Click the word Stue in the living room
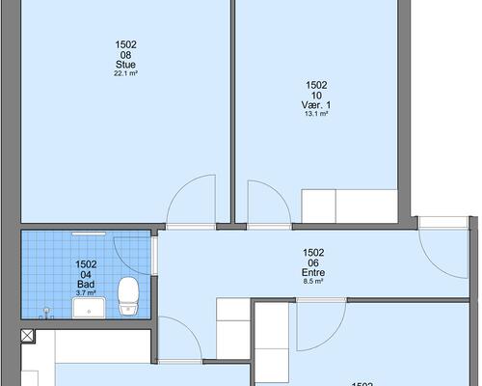(x=125, y=65)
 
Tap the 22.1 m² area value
(x=125, y=73)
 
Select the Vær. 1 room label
(x=316, y=105)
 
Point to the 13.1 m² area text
(x=316, y=114)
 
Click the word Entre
(x=313, y=273)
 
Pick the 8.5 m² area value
(x=313, y=282)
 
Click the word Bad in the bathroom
(x=86, y=285)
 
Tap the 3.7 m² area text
(x=86, y=292)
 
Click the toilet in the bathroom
(x=128, y=296)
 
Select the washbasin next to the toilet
(x=89, y=308)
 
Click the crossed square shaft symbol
(x=27, y=336)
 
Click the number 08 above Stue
(x=125, y=55)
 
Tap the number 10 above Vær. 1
(x=316, y=96)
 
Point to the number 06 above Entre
(x=313, y=263)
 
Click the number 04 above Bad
(x=86, y=275)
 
